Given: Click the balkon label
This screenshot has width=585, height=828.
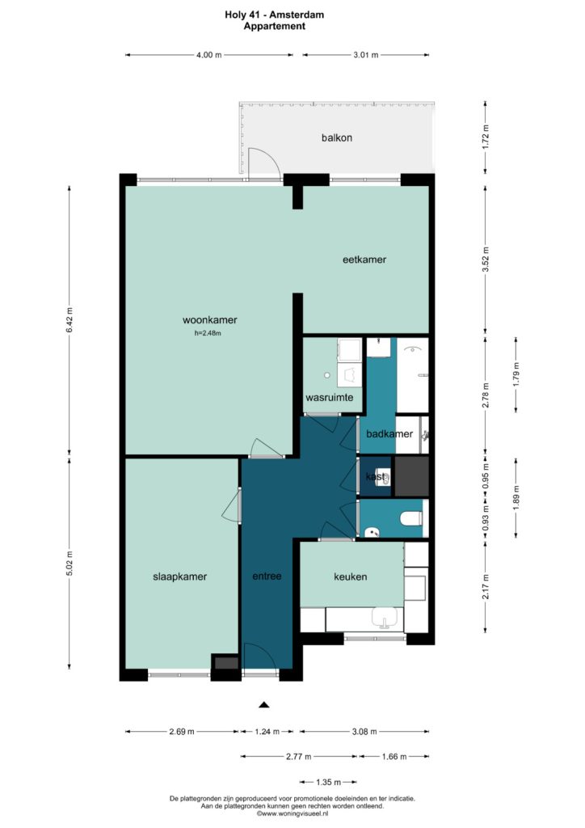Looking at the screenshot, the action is tap(337, 137).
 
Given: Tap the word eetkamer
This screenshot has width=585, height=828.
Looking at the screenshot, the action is tap(364, 260).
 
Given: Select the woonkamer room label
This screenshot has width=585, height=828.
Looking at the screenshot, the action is tap(209, 320).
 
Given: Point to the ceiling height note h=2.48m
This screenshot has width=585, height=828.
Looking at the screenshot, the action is tap(208, 333).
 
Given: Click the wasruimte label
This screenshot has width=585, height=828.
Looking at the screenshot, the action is tap(330, 398).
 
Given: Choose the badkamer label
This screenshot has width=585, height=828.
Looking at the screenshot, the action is tap(389, 434).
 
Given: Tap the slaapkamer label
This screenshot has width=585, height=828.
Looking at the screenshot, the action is tap(180, 577).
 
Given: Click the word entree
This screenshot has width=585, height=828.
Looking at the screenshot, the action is tap(267, 576).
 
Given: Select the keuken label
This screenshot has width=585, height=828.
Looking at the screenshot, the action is tap(350, 577).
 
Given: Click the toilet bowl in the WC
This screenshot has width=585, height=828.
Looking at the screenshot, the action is tap(411, 518).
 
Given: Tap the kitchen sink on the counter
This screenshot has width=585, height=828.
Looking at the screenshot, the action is tap(387, 618).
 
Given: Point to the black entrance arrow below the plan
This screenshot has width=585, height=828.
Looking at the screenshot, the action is tap(264, 704).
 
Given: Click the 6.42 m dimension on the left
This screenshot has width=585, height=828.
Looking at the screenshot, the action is tap(69, 319).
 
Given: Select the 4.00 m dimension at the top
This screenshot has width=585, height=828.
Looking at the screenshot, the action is tap(209, 55).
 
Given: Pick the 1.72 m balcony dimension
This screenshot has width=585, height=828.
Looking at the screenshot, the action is tap(486, 136).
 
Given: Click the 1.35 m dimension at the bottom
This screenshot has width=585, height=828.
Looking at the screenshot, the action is tap(329, 782).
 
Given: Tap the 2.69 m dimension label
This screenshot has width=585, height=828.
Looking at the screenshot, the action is tap(182, 732).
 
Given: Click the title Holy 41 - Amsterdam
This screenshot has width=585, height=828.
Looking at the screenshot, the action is tap(274, 15).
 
